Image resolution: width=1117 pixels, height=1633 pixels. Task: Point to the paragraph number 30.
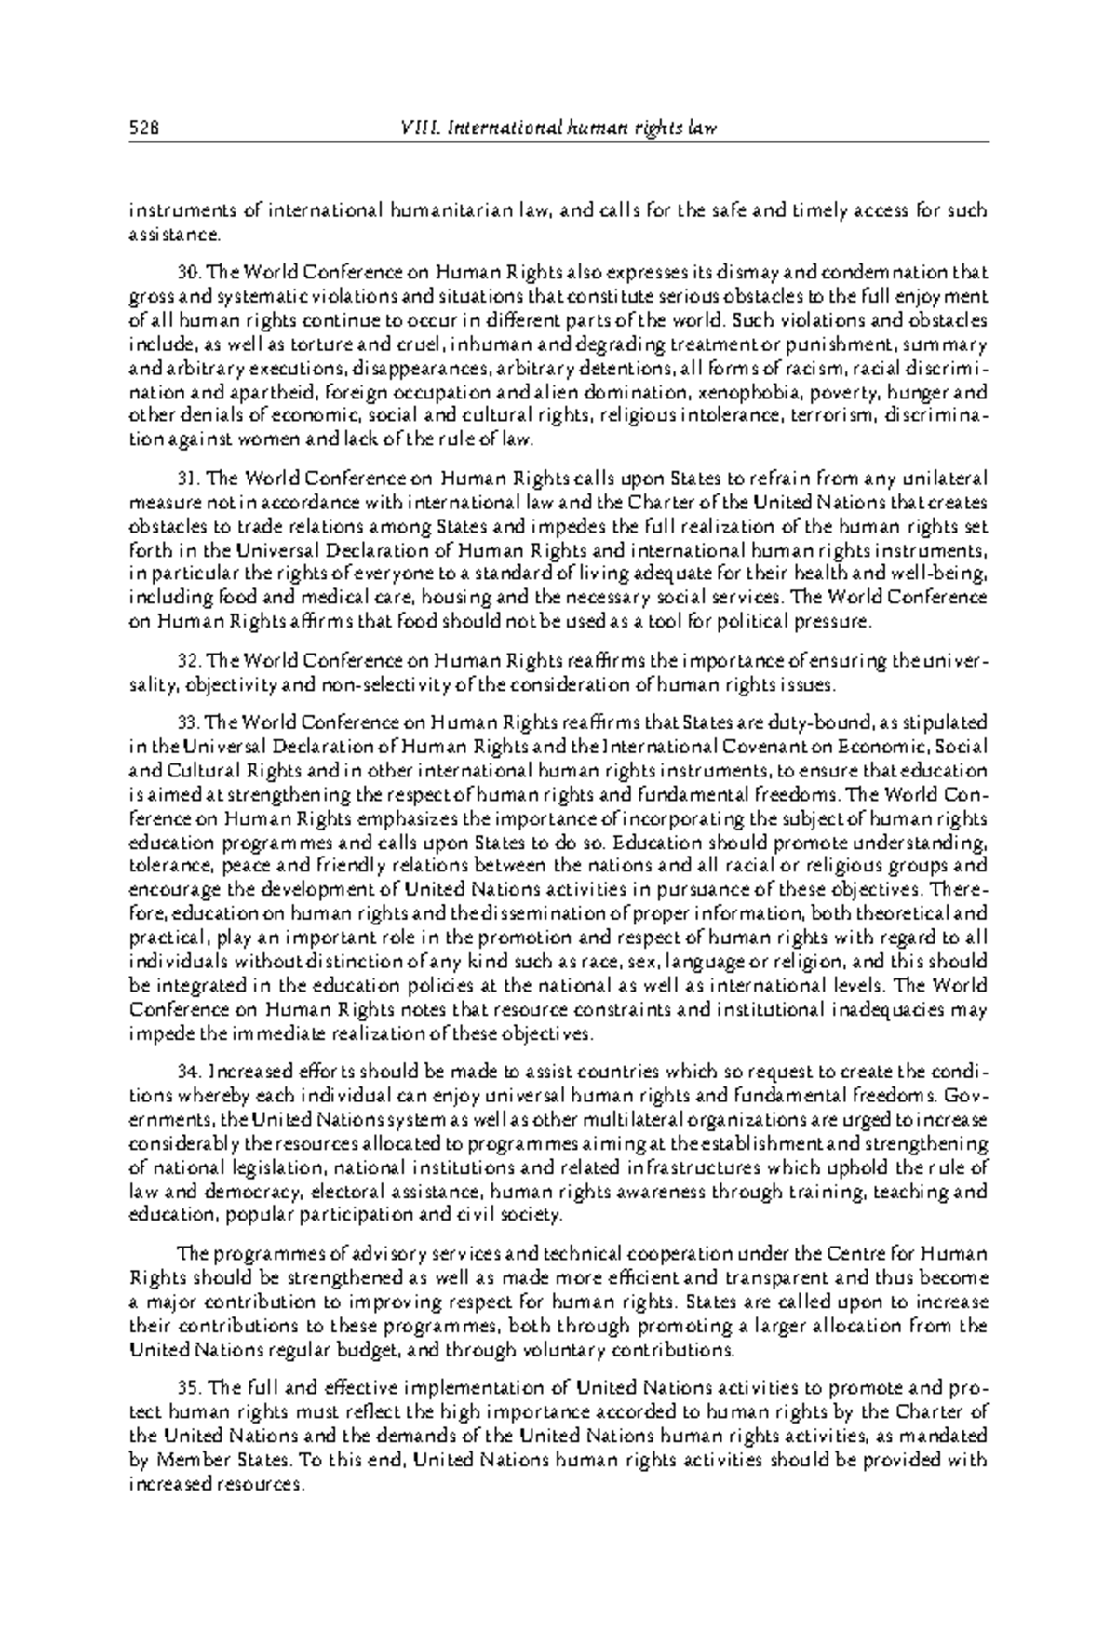[189, 273]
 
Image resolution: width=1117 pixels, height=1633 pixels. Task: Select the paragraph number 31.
[189, 479]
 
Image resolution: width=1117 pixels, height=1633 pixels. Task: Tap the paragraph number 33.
[189, 722]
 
